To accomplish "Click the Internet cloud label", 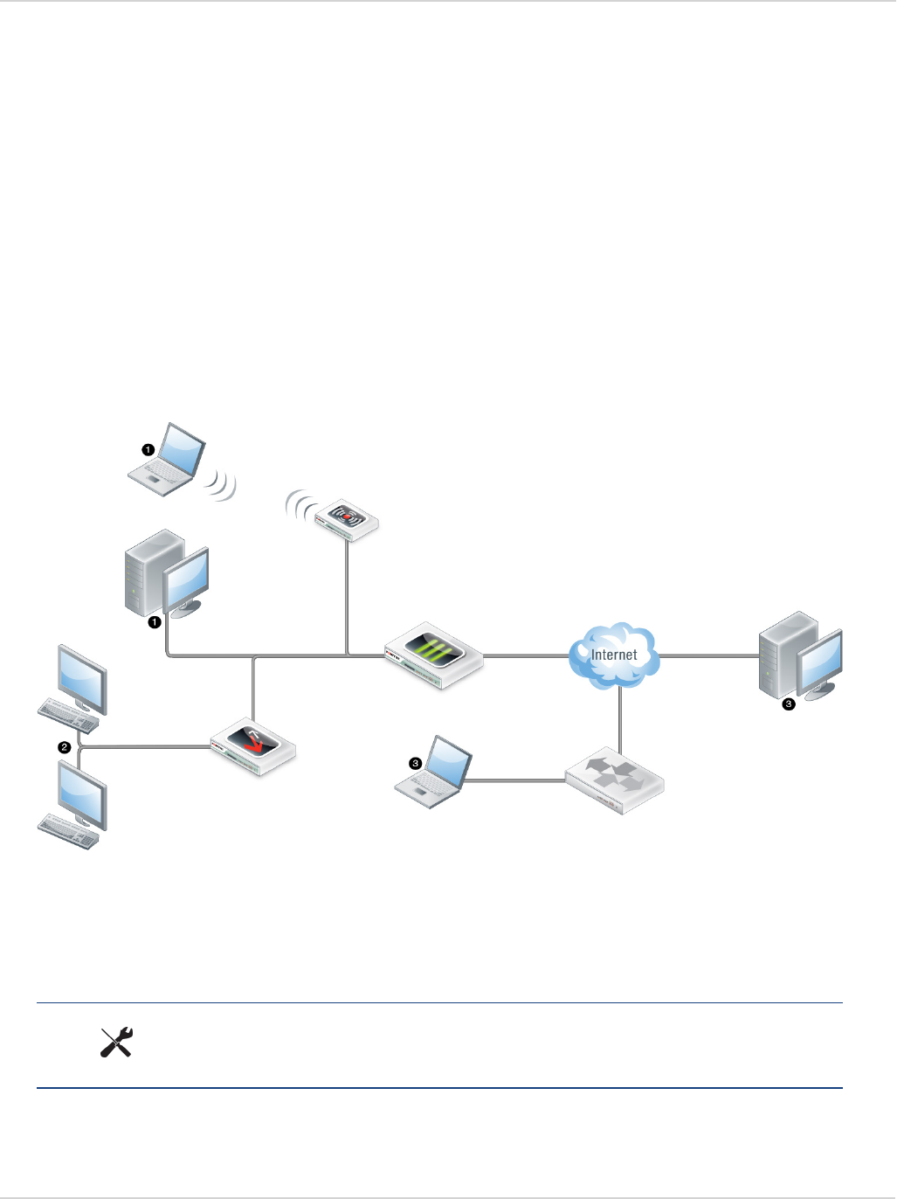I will click(x=614, y=655).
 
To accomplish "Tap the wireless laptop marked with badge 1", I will click(x=169, y=460).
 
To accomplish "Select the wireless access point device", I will click(x=347, y=518).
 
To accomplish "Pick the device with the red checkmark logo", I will click(x=253, y=745).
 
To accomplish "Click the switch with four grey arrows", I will click(x=614, y=779).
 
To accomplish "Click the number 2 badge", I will click(x=64, y=747).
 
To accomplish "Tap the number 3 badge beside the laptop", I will click(x=416, y=763).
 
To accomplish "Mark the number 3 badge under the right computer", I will click(x=789, y=703).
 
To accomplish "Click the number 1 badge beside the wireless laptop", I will click(x=148, y=449).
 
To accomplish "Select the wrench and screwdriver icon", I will click(x=116, y=1043).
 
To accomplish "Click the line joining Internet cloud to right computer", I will click(x=707, y=655).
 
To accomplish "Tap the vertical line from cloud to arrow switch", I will click(x=620, y=717).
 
